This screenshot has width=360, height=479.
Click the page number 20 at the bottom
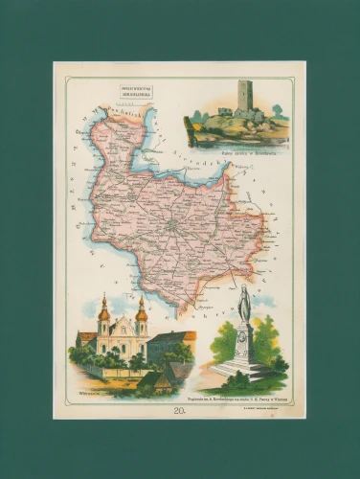point(180,409)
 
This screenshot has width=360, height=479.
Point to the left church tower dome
point(104,311)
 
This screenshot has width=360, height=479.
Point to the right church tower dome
point(141,311)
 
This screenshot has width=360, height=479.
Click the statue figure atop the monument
point(244,304)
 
